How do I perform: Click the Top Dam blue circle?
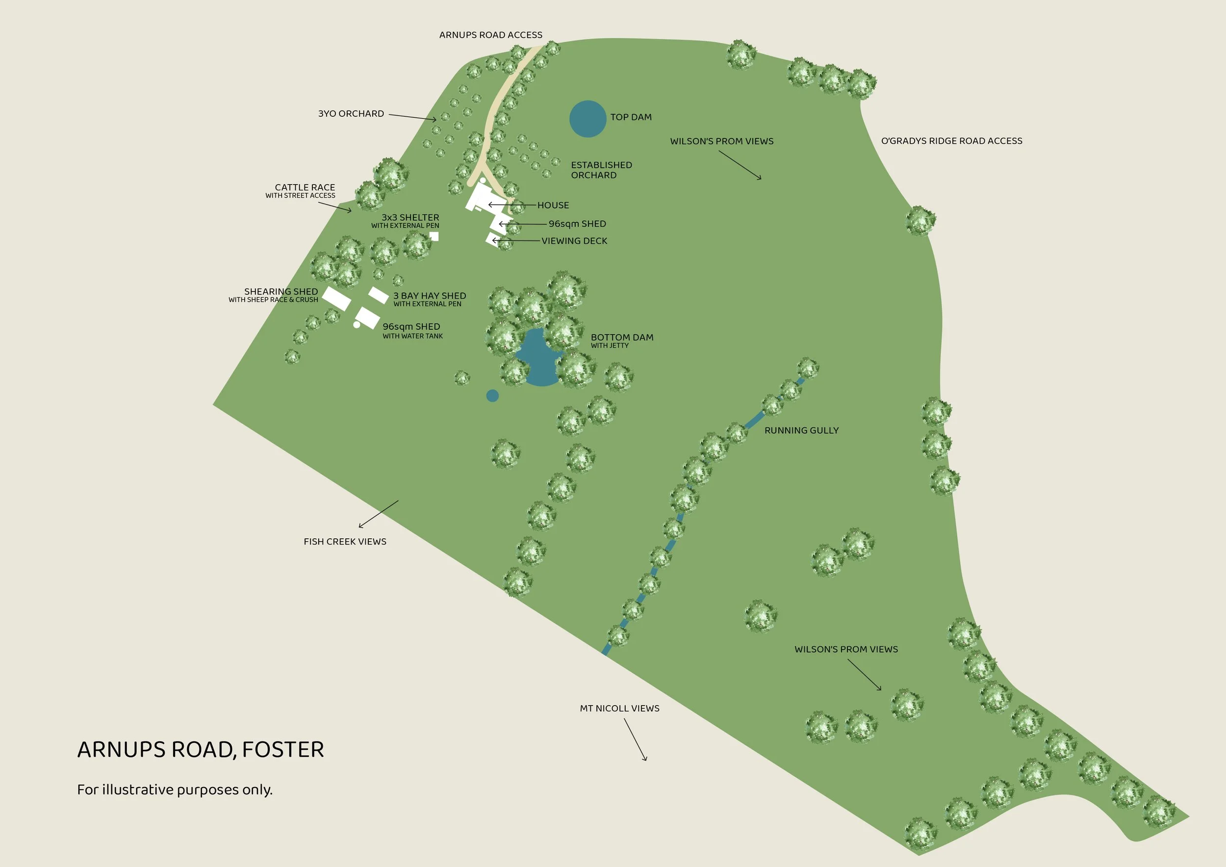[587, 119]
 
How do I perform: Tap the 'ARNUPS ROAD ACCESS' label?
[490, 35]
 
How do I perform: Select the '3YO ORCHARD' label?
[351, 114]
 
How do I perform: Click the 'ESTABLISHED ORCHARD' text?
[601, 170]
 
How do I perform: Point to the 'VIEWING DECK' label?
[574, 241]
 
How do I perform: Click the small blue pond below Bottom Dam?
[492, 395]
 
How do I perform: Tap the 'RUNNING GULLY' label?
[801, 431]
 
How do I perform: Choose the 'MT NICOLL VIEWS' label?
[619, 709]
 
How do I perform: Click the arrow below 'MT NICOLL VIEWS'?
[636, 739]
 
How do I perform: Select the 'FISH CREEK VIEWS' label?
[345, 542]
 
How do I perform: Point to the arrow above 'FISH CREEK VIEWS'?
[379, 514]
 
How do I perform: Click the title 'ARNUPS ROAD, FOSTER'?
[200, 749]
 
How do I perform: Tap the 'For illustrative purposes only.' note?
[175, 789]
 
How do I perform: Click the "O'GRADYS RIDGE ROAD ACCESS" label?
[951, 141]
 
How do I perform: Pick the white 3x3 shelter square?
[434, 236]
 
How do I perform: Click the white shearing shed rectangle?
[336, 298]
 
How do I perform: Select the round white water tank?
[357, 324]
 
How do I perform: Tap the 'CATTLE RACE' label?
[305, 187]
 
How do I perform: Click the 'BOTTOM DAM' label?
[621, 338]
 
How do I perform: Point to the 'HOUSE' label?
[553, 205]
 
